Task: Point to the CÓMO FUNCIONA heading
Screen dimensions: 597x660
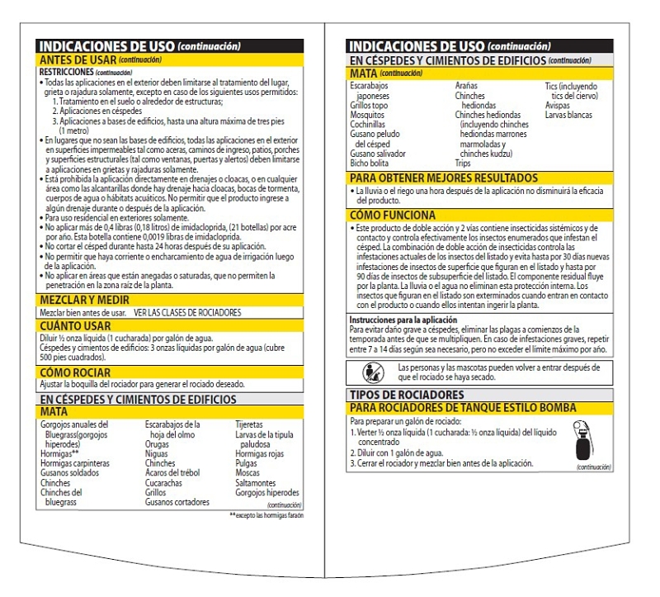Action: pyautogui.click(x=392, y=215)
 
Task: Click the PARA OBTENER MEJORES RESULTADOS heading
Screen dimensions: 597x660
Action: pyautogui.click(x=444, y=178)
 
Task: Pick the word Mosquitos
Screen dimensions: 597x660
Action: pyautogui.click(x=369, y=116)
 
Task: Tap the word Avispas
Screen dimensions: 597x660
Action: pyautogui.click(x=558, y=106)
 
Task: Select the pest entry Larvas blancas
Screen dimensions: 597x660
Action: pyautogui.click(x=568, y=116)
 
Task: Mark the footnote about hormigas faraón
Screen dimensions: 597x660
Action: pyautogui.click(x=266, y=515)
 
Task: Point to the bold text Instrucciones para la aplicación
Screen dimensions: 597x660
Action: pyautogui.click(x=402, y=319)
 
